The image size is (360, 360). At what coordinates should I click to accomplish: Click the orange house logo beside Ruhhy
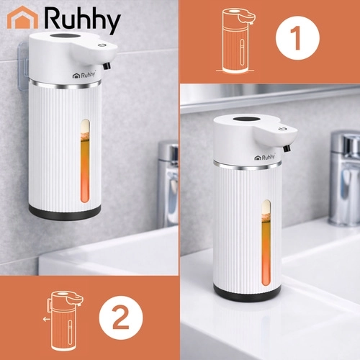[x=22, y=17]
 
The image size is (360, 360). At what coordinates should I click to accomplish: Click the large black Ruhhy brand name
[x=82, y=20]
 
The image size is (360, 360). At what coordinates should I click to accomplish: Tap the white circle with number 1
[x=297, y=38]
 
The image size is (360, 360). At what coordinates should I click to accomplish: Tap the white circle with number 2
[x=121, y=318]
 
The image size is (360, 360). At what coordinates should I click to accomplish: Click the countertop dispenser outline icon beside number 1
[x=236, y=41]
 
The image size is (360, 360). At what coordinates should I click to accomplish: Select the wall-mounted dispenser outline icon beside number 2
[x=63, y=320]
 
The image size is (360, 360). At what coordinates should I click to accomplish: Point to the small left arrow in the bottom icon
[x=47, y=319]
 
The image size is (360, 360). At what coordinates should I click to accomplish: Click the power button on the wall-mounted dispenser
[x=100, y=45]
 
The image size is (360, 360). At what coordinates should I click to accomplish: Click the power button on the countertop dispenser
[x=282, y=129]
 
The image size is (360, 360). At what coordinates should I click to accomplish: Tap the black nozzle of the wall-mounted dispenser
[x=107, y=66]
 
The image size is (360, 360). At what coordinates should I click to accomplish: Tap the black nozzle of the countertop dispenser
[x=287, y=148]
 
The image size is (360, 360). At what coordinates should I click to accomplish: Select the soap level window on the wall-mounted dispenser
[x=85, y=161]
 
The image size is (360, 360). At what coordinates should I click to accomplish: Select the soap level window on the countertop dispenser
[x=266, y=243]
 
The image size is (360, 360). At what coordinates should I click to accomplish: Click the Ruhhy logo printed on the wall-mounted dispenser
[x=84, y=75]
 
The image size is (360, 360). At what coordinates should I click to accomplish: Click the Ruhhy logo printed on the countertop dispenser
[x=265, y=158]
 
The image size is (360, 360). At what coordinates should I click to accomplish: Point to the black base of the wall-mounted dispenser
[x=65, y=212]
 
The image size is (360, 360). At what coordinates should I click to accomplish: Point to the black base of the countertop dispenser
[x=247, y=293]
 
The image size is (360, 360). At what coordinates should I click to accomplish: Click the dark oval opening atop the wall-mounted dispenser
[x=66, y=37]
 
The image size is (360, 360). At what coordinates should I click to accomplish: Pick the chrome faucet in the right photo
[x=344, y=178]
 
